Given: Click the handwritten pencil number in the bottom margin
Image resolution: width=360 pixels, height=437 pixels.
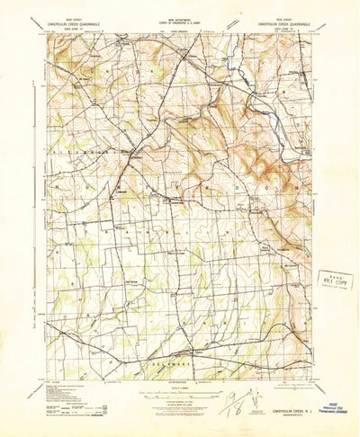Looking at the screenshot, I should [236, 394].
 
